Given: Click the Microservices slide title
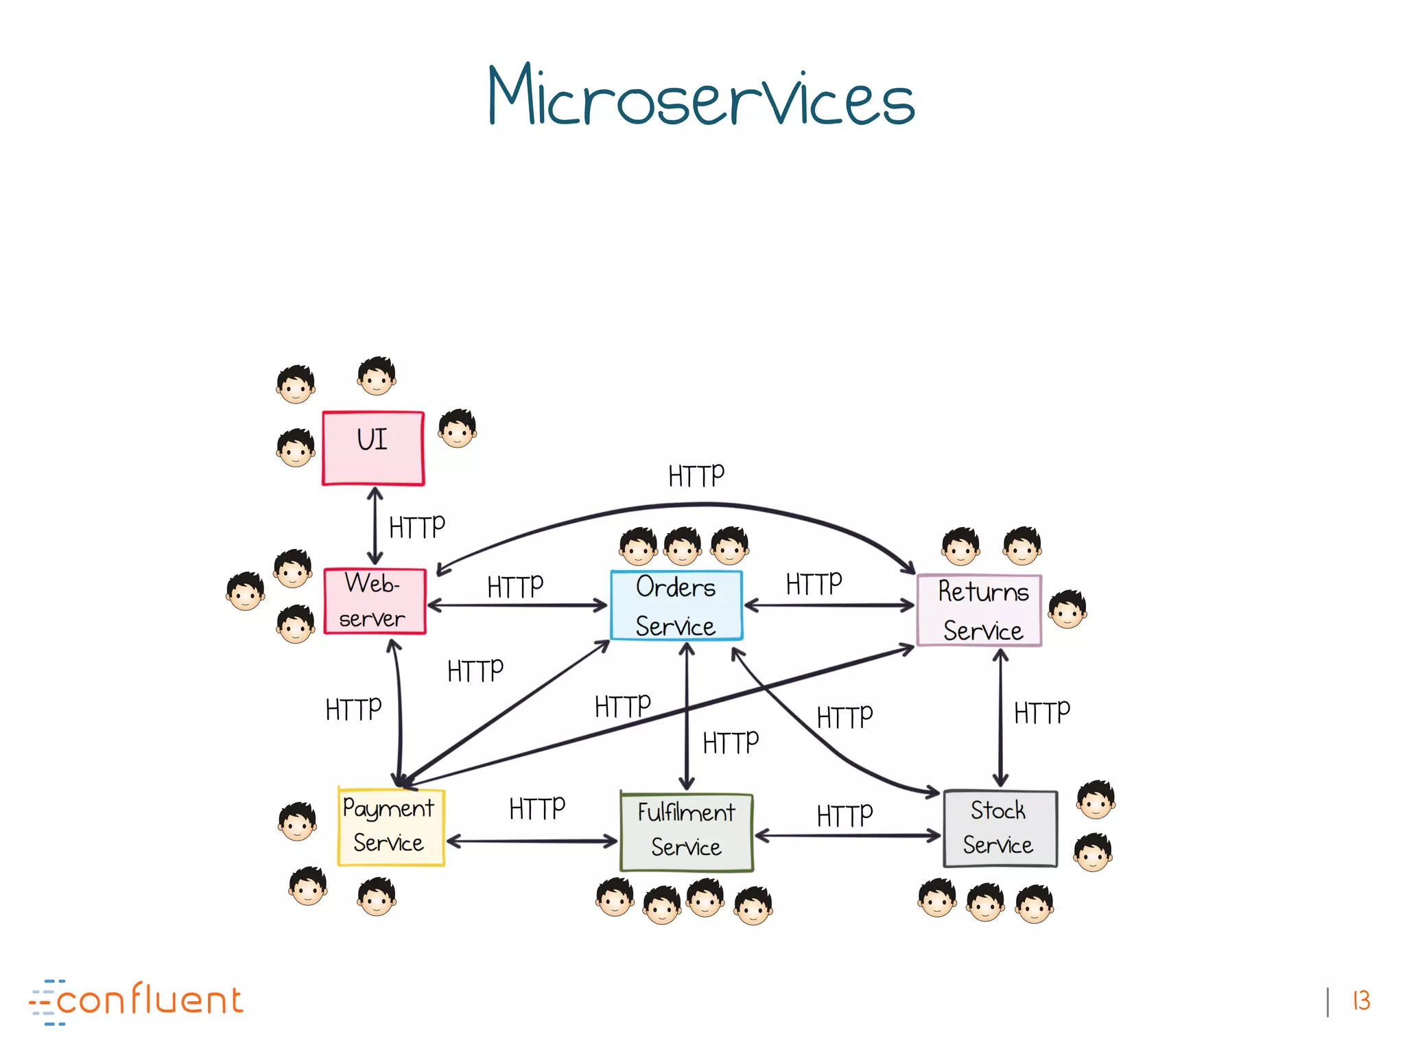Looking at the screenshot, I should click(701, 96).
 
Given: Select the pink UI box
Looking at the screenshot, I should click(373, 447).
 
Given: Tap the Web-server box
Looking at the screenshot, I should click(375, 601).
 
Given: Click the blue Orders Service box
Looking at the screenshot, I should click(676, 605).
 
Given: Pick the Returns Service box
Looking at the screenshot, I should click(980, 610).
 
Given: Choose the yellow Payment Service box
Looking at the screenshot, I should click(390, 826).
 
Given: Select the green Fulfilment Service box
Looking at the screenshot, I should click(686, 832).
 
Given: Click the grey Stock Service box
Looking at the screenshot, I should click(1000, 828).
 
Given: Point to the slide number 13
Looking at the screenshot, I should click(1361, 1000).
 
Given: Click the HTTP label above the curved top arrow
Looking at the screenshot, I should click(696, 476).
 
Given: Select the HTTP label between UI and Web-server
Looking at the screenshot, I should click(416, 527).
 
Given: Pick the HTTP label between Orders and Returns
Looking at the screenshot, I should click(814, 584).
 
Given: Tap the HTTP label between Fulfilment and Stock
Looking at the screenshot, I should click(845, 816).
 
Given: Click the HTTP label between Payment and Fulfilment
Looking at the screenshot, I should click(536, 808).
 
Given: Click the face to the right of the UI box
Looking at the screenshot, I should click(458, 428).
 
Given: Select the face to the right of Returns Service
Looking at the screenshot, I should click(1067, 609).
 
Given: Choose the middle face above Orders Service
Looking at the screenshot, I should click(683, 546).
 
